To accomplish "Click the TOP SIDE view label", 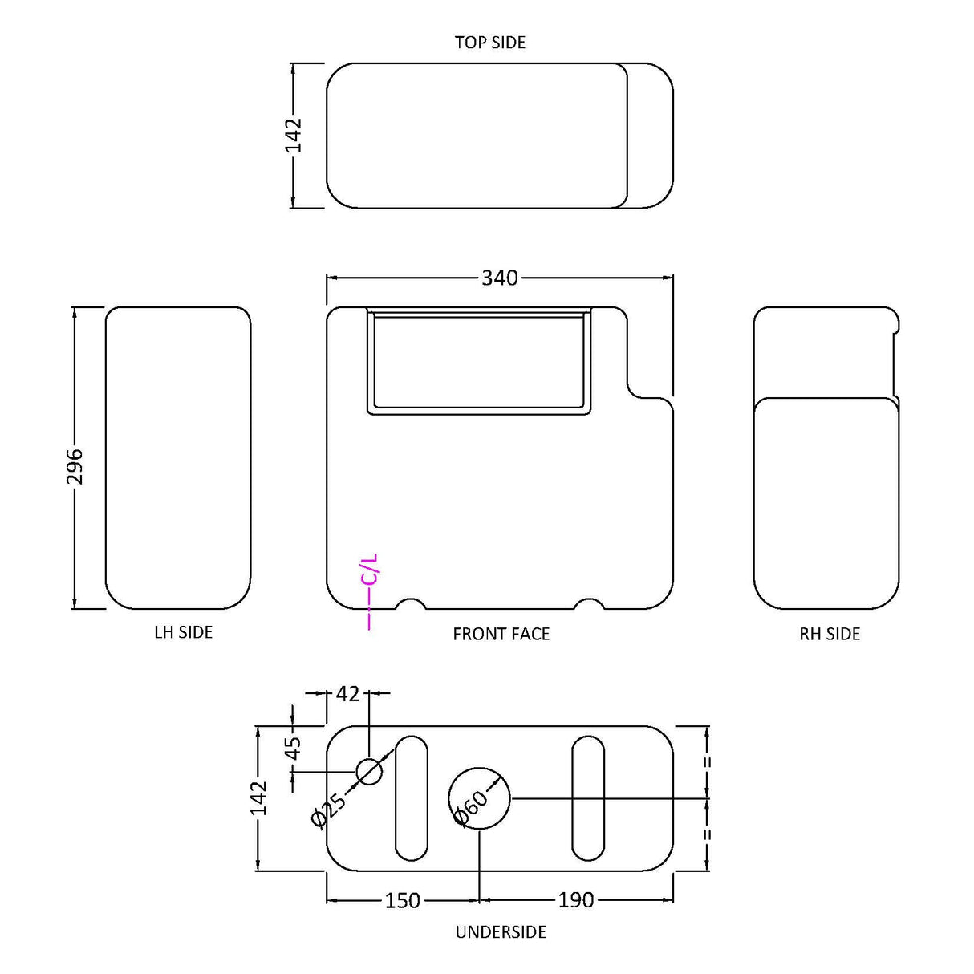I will [489, 43].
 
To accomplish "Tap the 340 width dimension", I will [499, 278].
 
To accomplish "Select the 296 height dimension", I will [74, 466].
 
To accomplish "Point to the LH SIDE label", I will [183, 633].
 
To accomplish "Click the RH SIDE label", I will [829, 635].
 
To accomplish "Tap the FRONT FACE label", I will [501, 635].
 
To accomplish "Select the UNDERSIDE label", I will [500, 932].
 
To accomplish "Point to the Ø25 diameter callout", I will [328, 810].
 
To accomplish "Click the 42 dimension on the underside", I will [347, 693].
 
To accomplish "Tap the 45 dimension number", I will [294, 747].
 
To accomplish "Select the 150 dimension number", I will [402, 901].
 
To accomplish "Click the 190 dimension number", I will [575, 901].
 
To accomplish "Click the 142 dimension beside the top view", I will [293, 135].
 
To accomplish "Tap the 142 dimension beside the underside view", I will [258, 797].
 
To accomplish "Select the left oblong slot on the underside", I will [411, 798].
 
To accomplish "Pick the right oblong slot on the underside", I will [588, 798].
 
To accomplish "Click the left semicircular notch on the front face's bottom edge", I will [412, 603].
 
